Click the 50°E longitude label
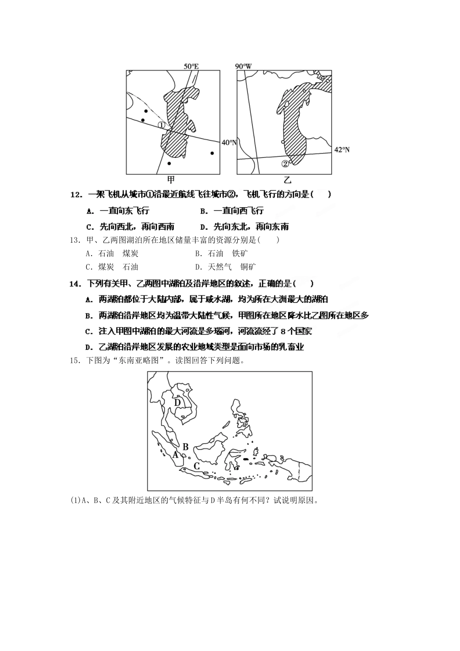pos(191,66)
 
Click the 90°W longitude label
pos(245,66)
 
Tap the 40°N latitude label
pos(230,142)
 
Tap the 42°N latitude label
pos(342,149)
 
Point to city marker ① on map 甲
pos(162,124)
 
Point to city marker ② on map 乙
pos(285,163)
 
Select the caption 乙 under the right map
pos(288,180)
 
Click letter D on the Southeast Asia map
pos(177,402)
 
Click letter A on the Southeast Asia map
pos(176,454)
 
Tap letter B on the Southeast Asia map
pos(185,447)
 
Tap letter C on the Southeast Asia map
pos(197,466)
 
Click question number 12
pos(77,195)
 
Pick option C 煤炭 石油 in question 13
pos(112,266)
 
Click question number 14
pos(76,284)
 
